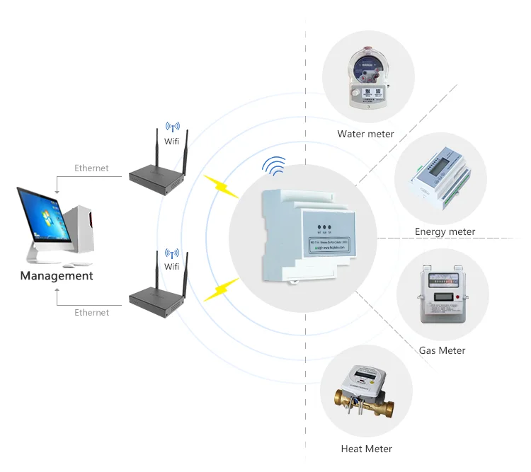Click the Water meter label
pyautogui.click(x=365, y=134)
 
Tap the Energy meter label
pyautogui.click(x=445, y=231)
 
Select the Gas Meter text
pyautogui.click(x=442, y=350)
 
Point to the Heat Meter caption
pyautogui.click(x=366, y=449)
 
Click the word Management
pyautogui.click(x=57, y=276)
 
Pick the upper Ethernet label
pyautogui.click(x=92, y=168)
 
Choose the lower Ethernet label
pyautogui.click(x=92, y=312)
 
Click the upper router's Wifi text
pyautogui.click(x=171, y=142)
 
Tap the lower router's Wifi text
pyautogui.click(x=171, y=267)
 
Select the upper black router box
pyautogui.click(x=158, y=180)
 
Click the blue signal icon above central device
pyautogui.click(x=274, y=166)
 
